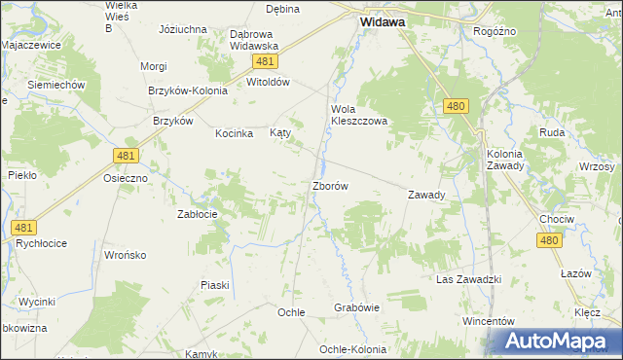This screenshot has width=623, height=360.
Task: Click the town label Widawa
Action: coord(383,19)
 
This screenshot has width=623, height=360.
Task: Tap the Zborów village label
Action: coord(330,185)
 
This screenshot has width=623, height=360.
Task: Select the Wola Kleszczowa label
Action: coord(359,116)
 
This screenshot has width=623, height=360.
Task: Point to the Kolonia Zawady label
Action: coord(505,160)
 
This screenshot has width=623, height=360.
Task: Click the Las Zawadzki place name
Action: coord(468,280)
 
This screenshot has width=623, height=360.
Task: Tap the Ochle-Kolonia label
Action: coord(353,349)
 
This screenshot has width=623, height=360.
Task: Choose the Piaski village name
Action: coord(214,285)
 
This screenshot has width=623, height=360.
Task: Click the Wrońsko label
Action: coord(125,255)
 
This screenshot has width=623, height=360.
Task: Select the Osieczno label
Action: coord(126,179)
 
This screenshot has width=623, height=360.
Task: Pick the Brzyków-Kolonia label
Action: coord(187,90)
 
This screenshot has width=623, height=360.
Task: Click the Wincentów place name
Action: coord(488,320)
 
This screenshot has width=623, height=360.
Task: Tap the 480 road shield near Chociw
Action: coord(551,241)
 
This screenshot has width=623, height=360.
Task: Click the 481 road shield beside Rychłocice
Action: coord(24,228)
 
